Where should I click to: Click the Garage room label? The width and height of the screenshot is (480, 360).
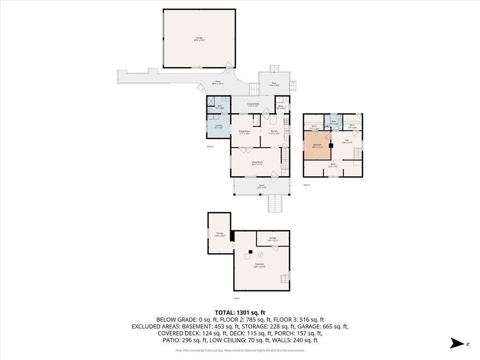(199, 39)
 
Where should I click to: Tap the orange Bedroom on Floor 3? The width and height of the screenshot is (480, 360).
(317, 146)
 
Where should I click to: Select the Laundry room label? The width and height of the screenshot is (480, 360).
(218, 126)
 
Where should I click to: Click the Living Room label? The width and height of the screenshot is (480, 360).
(257, 163)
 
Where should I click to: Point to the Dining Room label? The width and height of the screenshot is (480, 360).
(244, 132)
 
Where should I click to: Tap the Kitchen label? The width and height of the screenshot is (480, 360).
(274, 132)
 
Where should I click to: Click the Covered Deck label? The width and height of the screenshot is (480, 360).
(253, 105)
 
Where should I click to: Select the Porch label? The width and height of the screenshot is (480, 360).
(262, 186)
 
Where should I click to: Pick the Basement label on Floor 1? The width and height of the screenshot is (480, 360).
(260, 265)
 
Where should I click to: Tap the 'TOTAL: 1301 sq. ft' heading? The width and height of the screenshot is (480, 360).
(240, 312)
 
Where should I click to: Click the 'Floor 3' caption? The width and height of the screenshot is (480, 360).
(307, 185)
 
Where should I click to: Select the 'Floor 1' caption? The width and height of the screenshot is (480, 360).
(237, 298)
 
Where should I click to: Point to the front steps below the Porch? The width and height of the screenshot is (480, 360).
(274, 203)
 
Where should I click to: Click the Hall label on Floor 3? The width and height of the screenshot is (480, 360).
(347, 141)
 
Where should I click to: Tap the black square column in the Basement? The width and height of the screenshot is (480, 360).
(250, 252)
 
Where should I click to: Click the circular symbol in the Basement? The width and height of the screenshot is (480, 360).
(261, 255)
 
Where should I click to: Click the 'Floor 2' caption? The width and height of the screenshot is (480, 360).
(210, 147)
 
